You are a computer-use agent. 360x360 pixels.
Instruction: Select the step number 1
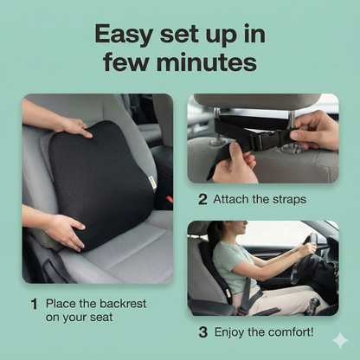pyautogui.click(x=35, y=304)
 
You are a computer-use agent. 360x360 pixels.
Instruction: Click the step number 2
pyautogui.click(x=202, y=199)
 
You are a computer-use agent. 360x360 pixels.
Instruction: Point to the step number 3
pyautogui.click(x=202, y=331)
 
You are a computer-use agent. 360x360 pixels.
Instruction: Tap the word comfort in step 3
pyautogui.click(x=292, y=331)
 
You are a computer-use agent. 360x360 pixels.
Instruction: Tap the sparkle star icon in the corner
pyautogui.click(x=339, y=340)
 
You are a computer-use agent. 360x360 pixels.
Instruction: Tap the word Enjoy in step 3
pyautogui.click(x=235, y=331)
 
